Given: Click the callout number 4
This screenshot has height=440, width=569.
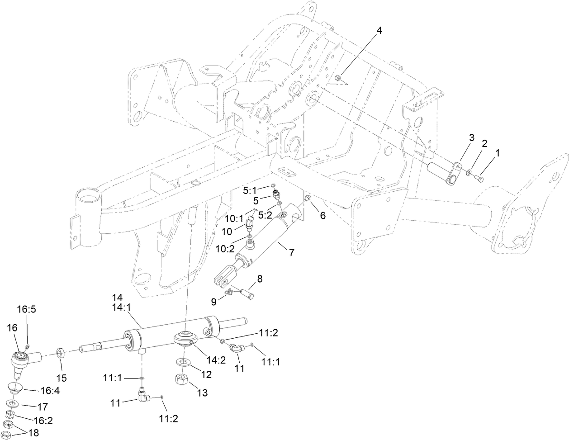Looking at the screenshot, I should pos(379,31).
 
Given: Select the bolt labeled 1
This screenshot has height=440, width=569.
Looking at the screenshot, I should pos(479,180).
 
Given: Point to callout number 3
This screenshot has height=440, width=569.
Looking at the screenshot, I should pos(471,138).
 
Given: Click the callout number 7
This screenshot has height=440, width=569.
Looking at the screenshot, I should pos(292,253).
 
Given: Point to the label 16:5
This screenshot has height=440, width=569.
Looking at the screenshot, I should pos(26,309).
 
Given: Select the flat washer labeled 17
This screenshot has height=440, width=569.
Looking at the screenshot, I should pos(12,402).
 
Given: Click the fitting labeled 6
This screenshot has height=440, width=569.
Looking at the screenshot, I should pos(308,198).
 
